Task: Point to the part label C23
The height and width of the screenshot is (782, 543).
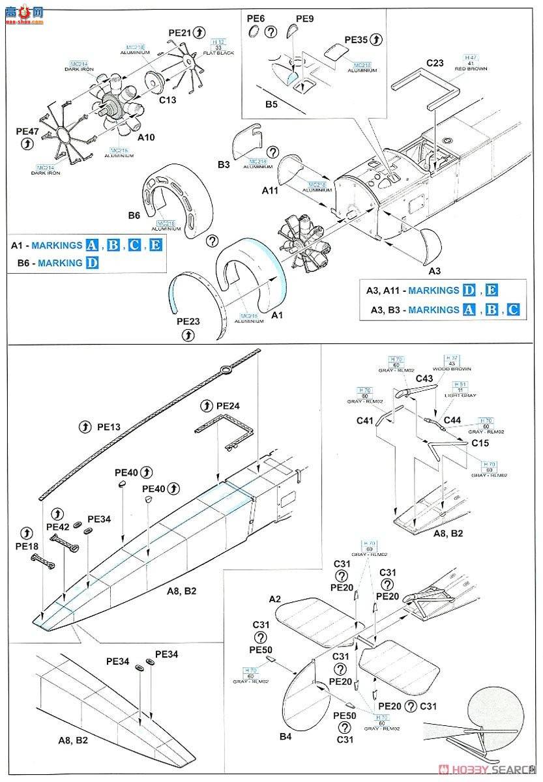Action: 435,63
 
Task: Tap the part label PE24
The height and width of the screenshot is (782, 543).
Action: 227,405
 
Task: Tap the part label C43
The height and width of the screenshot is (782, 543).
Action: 424,379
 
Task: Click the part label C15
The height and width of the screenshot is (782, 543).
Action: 480,442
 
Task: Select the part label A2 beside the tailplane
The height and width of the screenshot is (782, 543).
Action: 274,598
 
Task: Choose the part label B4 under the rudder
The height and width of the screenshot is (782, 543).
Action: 285,736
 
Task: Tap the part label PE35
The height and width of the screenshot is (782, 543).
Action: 357,39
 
